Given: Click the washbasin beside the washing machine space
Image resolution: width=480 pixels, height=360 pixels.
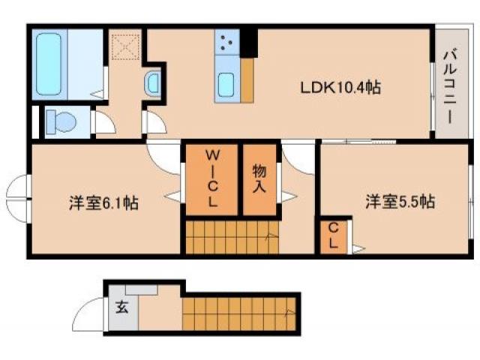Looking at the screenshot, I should click(153, 82).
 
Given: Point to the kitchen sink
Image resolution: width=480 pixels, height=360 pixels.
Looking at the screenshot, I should click(227, 85).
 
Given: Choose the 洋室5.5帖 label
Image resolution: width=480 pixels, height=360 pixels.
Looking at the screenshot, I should click(400, 202).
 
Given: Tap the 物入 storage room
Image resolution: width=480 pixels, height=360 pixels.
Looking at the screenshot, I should click(259, 180).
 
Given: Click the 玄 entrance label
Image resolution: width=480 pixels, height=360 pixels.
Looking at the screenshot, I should click(121, 307).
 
